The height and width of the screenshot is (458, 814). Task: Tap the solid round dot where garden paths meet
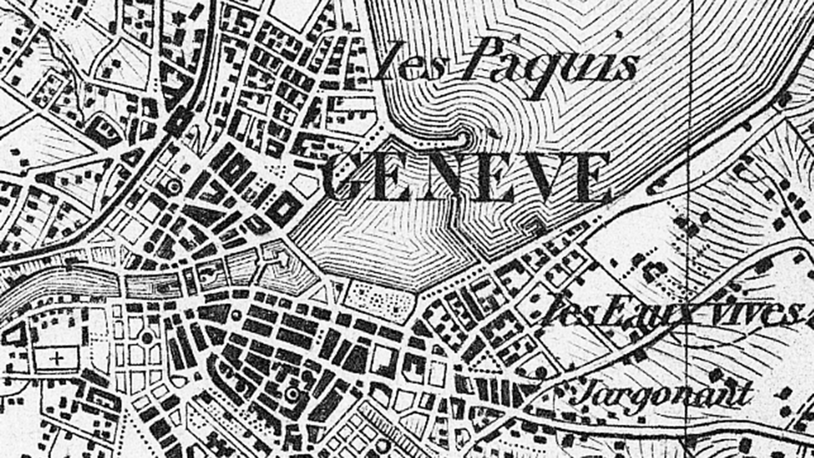point(147,338)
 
